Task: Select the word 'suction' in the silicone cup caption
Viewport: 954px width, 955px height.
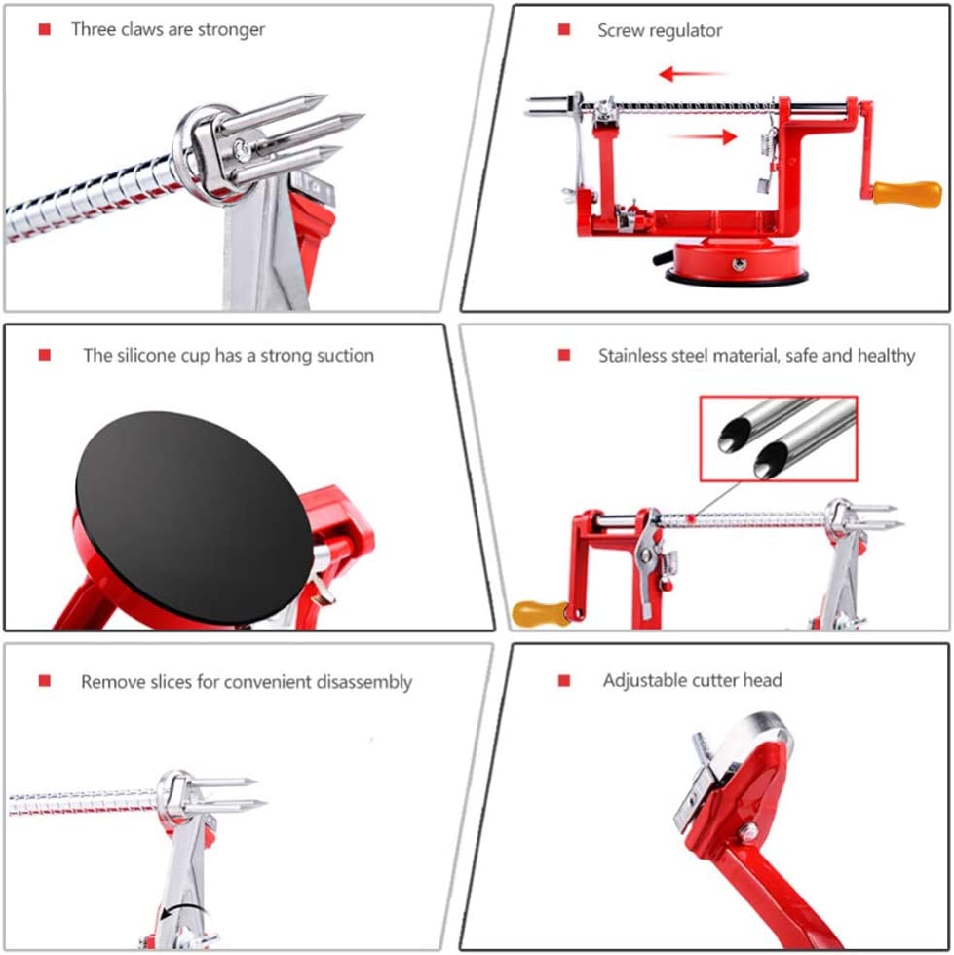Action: click(345, 355)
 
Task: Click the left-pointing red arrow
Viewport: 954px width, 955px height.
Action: click(693, 74)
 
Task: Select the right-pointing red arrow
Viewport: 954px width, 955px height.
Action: click(704, 136)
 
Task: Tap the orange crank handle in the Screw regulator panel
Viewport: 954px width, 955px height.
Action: click(907, 194)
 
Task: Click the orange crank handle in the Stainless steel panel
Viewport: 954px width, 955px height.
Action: click(541, 613)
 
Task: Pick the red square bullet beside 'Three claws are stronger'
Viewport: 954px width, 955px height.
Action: click(45, 29)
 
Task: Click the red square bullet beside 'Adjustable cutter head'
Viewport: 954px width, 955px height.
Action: click(564, 680)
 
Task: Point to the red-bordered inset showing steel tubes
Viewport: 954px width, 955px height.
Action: click(779, 439)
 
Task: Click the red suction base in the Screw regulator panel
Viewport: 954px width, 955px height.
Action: click(737, 261)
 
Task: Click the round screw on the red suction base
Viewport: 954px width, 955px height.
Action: click(739, 264)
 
